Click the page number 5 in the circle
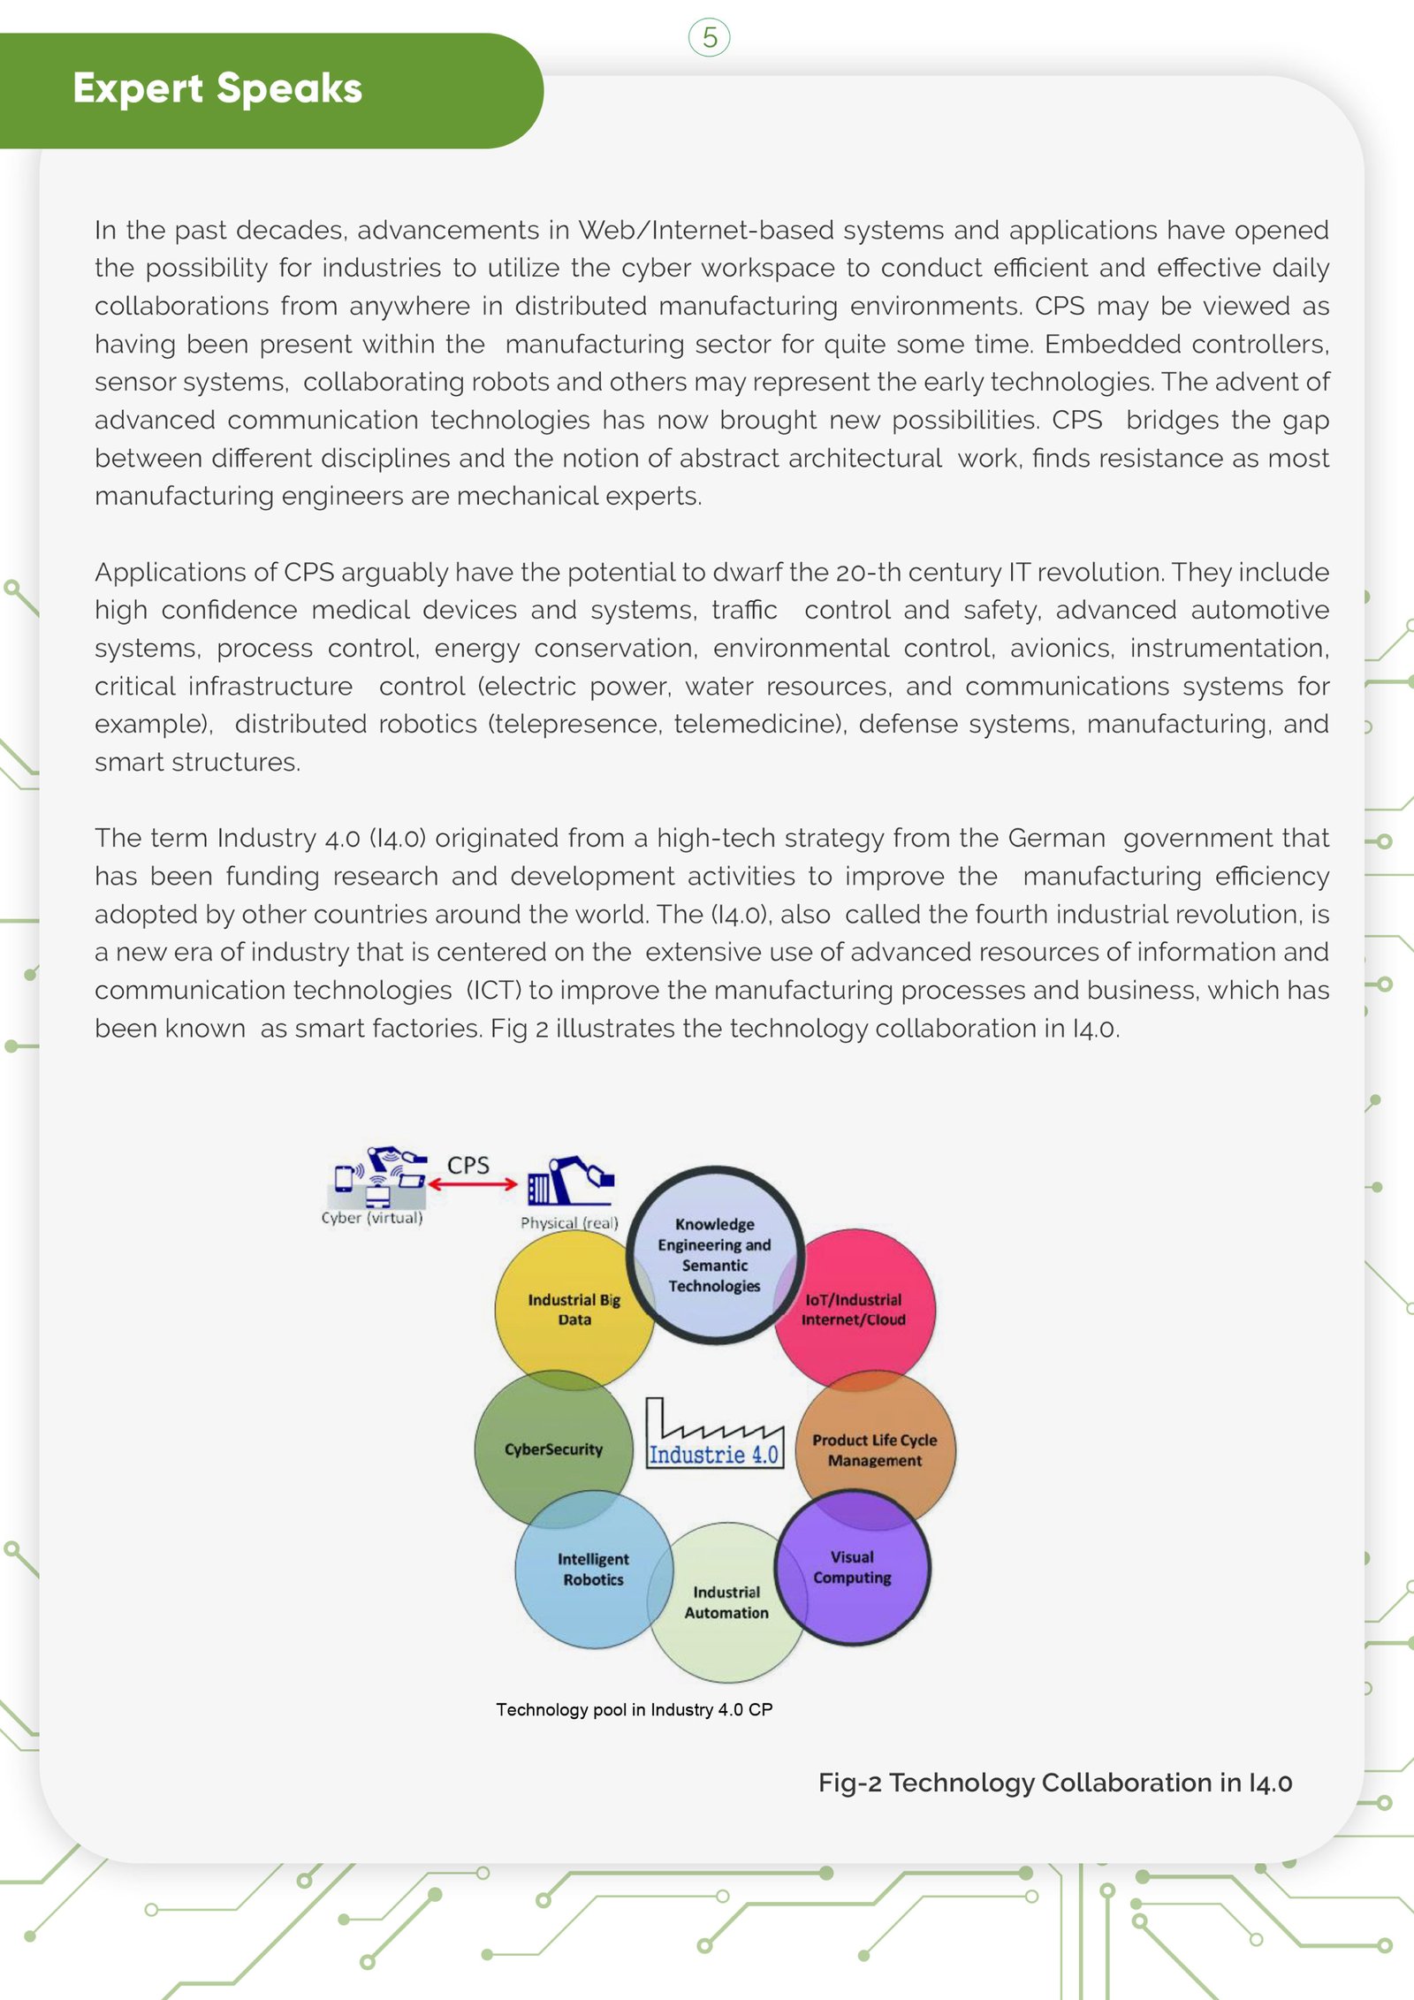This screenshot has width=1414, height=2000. coord(709,38)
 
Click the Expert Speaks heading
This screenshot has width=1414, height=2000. coord(217,88)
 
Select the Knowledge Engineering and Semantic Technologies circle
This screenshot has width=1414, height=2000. coord(714,1255)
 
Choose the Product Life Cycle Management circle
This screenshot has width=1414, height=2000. coord(875,1449)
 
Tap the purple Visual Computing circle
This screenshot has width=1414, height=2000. coord(853,1567)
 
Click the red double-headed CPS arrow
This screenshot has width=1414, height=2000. coord(472,1184)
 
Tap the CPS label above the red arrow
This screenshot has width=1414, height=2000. coord(468,1165)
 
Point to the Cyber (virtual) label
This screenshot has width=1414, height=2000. coord(372,1218)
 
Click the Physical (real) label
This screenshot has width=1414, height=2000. coord(569,1223)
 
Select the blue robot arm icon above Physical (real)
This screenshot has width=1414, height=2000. coord(571,1181)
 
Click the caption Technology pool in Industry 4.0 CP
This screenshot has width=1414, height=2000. coord(634,1709)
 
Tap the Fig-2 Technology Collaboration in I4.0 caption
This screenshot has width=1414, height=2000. coord(1054,1783)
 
